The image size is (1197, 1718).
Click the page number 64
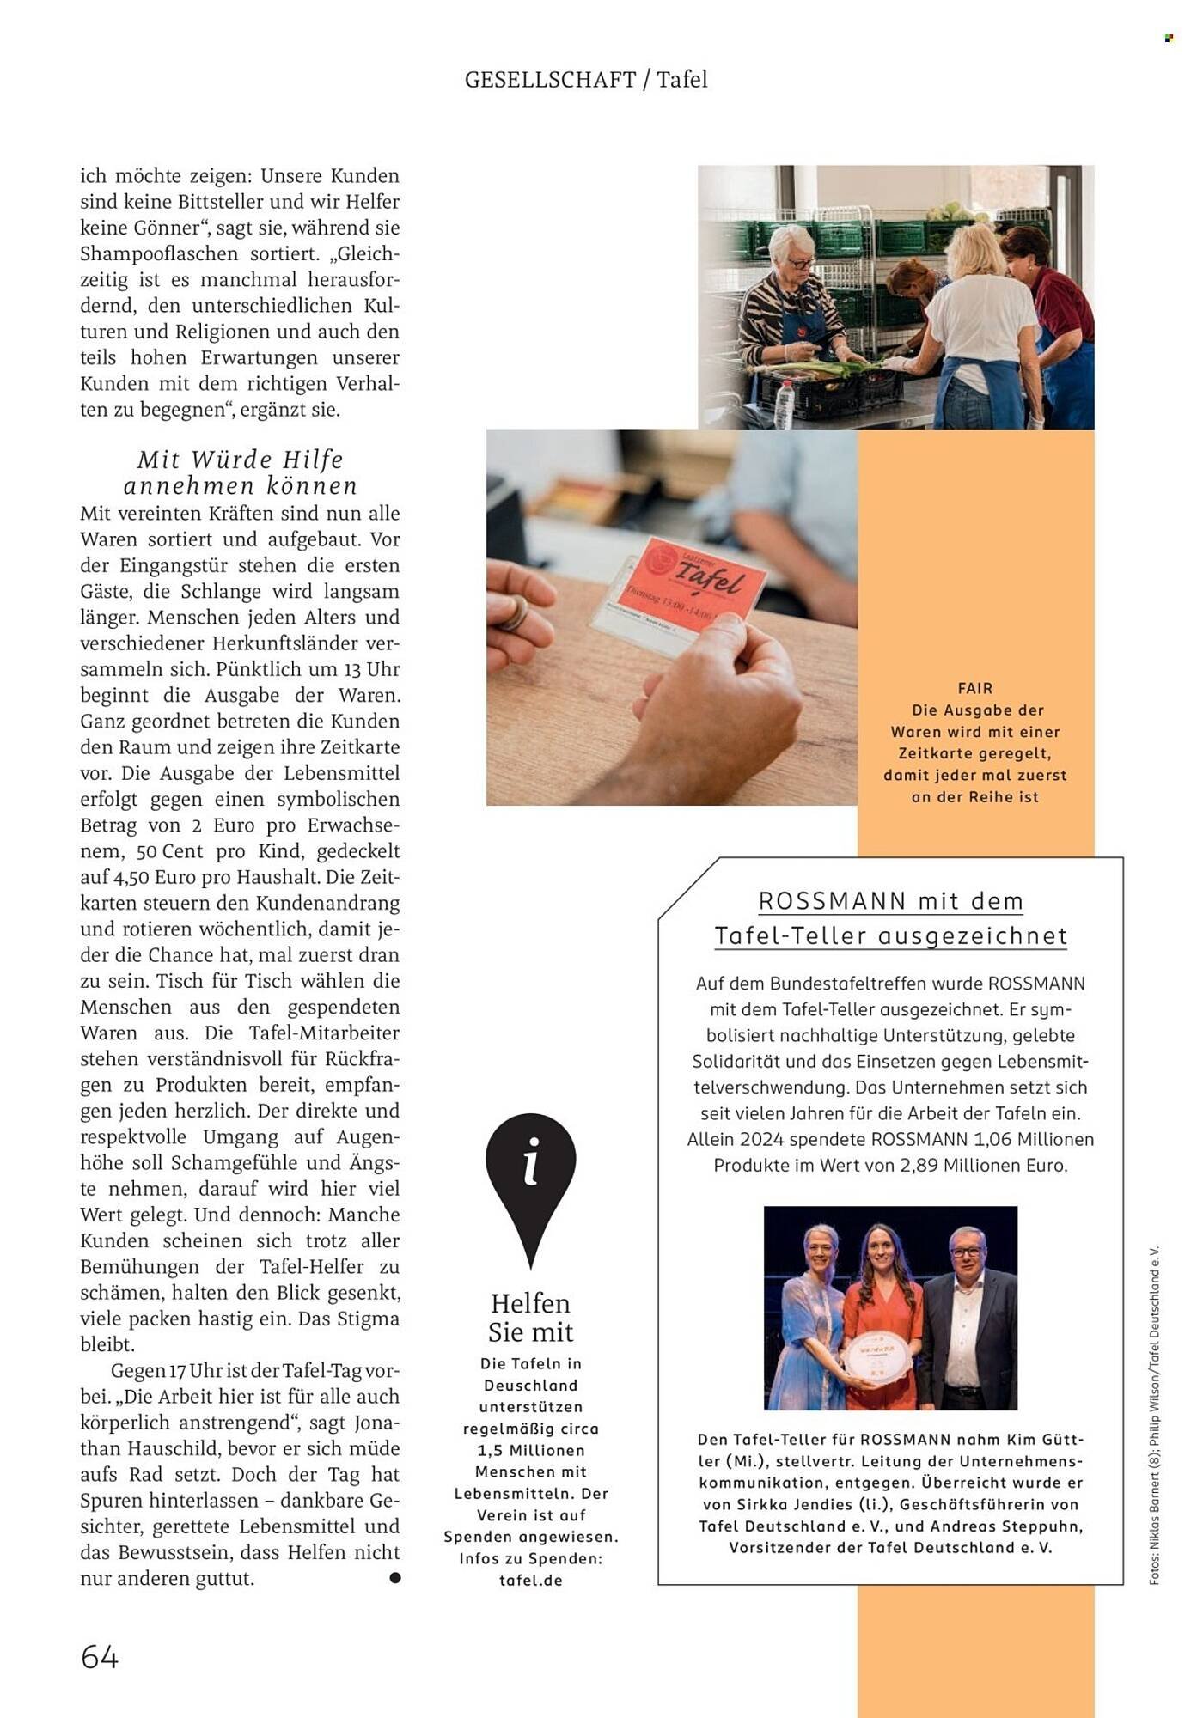point(100,1656)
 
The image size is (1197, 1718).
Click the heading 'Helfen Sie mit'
point(530,1318)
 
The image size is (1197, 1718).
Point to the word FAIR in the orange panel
point(975,688)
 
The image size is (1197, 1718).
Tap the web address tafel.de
point(530,1580)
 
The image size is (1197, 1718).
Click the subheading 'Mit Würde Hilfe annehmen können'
point(241,472)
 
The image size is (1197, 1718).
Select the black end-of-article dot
point(394,1577)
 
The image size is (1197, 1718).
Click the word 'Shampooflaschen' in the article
point(159,254)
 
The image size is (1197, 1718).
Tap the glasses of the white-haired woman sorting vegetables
point(798,264)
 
